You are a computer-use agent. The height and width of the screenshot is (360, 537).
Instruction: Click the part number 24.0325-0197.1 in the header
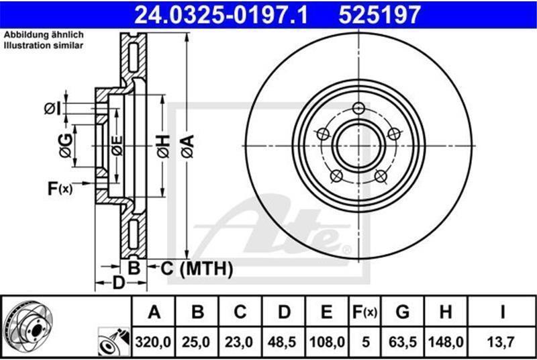pyautogui.click(x=221, y=15)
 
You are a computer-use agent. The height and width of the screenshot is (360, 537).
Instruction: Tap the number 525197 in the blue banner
pyautogui.click(x=379, y=15)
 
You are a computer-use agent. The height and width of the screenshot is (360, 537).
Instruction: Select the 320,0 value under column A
pyautogui.click(x=153, y=342)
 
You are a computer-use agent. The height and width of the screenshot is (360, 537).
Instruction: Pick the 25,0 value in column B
pyautogui.click(x=196, y=342)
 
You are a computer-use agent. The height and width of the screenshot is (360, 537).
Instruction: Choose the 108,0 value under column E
pyautogui.click(x=327, y=342)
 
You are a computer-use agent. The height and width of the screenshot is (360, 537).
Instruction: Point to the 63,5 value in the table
pyautogui.click(x=402, y=342)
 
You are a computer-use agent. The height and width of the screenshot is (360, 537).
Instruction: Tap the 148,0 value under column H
pyautogui.click(x=446, y=342)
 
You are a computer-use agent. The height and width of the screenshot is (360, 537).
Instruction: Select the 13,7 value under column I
pyautogui.click(x=501, y=342)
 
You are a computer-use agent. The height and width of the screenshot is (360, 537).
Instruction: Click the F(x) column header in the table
pyautogui.click(x=364, y=312)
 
